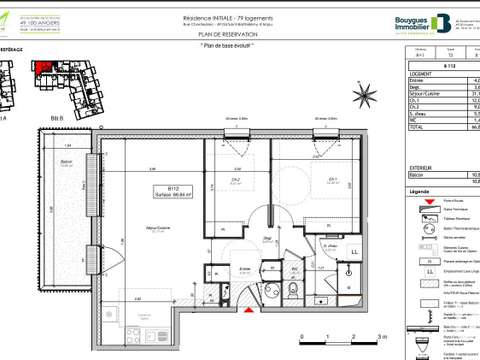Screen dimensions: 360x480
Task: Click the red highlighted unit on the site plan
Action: click(45, 68)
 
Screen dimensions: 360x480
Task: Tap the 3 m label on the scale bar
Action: click(369, 337)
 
